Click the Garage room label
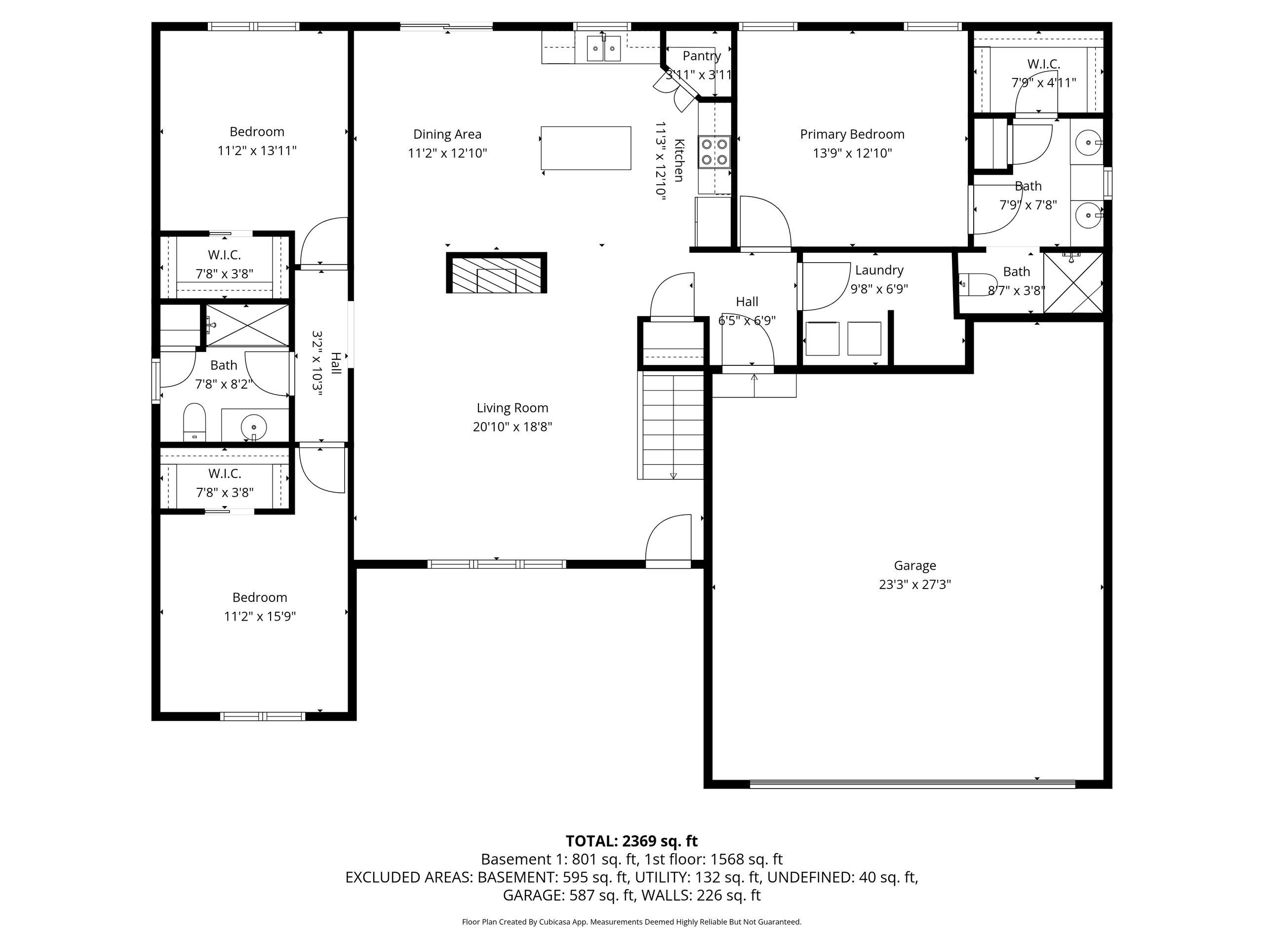click(915, 566)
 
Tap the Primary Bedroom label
click(852, 134)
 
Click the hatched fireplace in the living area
click(497, 273)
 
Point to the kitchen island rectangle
click(586, 148)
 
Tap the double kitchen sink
click(603, 47)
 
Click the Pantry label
click(702, 56)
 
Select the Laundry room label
click(879, 270)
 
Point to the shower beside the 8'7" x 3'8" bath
click(1073, 283)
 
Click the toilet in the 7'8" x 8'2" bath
click(194, 422)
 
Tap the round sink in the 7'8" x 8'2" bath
click(254, 426)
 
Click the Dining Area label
click(447, 134)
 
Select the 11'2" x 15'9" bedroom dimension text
click(260, 616)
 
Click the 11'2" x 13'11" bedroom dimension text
click(257, 150)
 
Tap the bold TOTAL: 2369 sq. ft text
click(632, 841)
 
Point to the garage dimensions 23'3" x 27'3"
click(915, 585)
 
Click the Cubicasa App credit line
click(632, 922)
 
